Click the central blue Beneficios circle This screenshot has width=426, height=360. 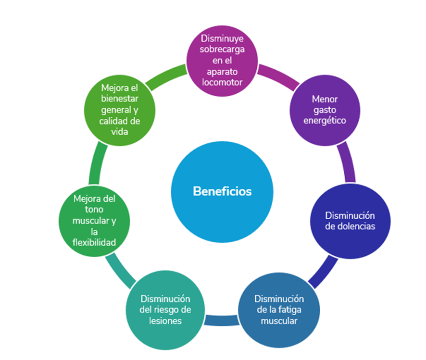click(x=222, y=191)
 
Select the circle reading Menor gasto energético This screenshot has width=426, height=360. click(x=325, y=110)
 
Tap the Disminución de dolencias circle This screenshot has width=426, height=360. click(x=350, y=221)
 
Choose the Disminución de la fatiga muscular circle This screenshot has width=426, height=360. click(x=279, y=310)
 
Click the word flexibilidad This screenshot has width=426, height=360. click(x=94, y=243)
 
